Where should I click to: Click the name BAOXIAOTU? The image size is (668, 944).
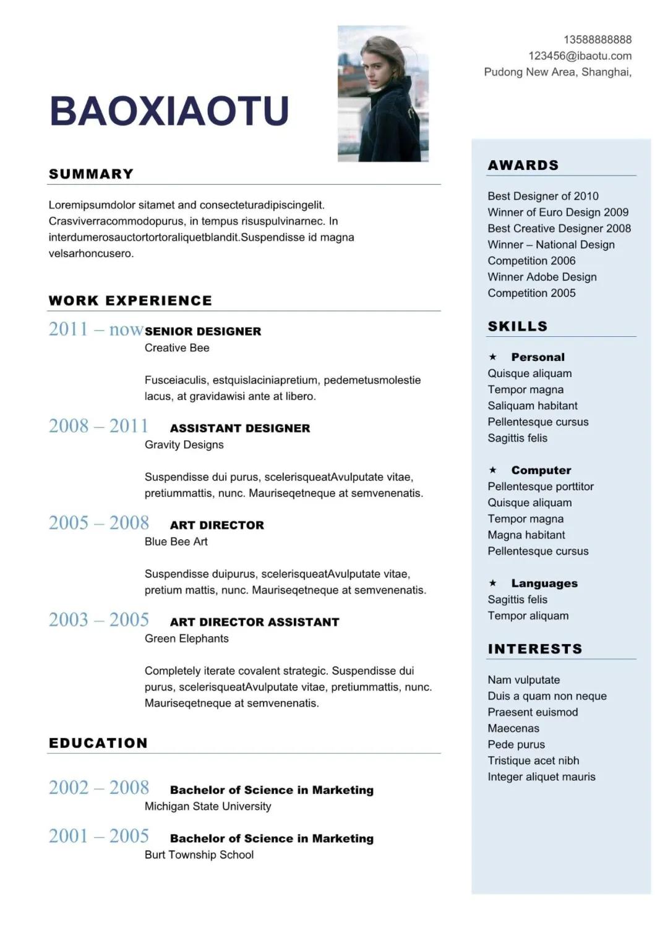tap(169, 111)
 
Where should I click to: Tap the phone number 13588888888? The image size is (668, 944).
tap(597, 40)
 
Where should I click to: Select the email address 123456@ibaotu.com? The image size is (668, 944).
tap(580, 56)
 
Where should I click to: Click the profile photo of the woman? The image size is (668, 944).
tap(383, 93)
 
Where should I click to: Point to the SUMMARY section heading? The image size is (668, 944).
tap(91, 174)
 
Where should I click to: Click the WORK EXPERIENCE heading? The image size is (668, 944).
tap(130, 300)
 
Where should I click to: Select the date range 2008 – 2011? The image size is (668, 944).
tap(98, 426)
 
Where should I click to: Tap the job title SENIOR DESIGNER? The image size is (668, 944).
tap(203, 331)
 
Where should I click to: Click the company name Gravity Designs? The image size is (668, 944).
tap(184, 444)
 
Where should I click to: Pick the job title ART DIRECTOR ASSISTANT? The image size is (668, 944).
tap(254, 622)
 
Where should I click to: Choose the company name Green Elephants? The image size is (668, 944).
tap(186, 639)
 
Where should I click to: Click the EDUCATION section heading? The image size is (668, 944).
tap(98, 743)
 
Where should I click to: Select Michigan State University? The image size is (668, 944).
tap(208, 806)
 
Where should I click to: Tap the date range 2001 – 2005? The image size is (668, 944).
tap(98, 836)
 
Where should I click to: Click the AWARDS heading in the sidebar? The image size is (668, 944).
tap(523, 165)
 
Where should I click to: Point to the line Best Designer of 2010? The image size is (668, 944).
tap(542, 196)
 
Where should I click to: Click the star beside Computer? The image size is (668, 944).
tap(493, 470)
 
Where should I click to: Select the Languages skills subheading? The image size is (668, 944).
tap(544, 583)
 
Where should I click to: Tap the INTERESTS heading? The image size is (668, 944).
tap(534, 648)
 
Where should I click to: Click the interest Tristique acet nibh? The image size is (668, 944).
tap(533, 760)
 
